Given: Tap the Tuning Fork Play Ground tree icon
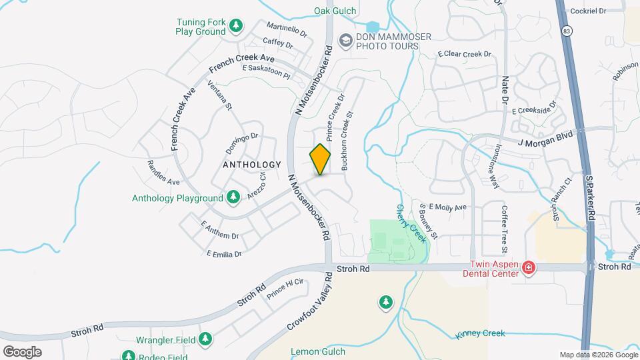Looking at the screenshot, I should pyautogui.click(x=235, y=26).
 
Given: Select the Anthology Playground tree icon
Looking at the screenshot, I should pyautogui.click(x=233, y=197).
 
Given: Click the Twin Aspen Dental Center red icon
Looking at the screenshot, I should pyautogui.click(x=528, y=268).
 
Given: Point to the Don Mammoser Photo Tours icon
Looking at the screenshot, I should pyautogui.click(x=345, y=41).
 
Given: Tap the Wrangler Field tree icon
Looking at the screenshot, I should pyautogui.click(x=205, y=340).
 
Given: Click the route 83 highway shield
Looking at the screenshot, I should pyautogui.click(x=566, y=31).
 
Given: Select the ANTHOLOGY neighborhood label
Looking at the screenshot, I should pyautogui.click(x=252, y=164).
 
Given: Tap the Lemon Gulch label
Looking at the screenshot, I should pyautogui.click(x=318, y=351).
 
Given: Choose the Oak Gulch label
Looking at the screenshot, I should pyautogui.click(x=335, y=11).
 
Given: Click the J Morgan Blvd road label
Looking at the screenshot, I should pyautogui.click(x=545, y=137).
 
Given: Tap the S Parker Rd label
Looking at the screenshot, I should pyautogui.click(x=590, y=199).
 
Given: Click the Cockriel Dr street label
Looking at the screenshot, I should pyautogui.click(x=587, y=11).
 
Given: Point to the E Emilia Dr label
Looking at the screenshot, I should pyautogui.click(x=223, y=254).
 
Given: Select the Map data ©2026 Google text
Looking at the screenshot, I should pyautogui.click(x=597, y=355).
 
